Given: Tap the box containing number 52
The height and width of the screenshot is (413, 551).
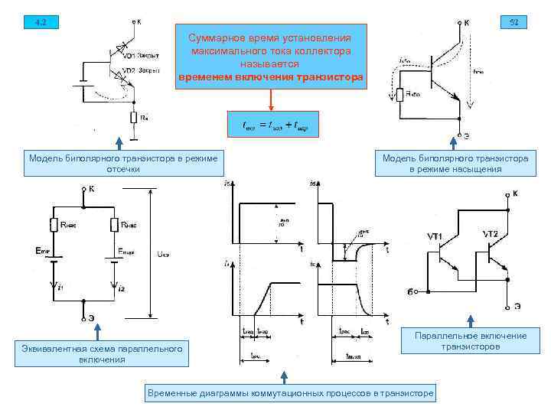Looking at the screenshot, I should pos(513,21).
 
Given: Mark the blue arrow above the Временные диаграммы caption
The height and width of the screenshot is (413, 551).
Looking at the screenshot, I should pos(285,376).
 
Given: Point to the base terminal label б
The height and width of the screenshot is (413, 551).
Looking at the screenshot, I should pos(410,291).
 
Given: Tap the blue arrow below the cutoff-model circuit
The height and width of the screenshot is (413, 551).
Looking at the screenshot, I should pos(119,142).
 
